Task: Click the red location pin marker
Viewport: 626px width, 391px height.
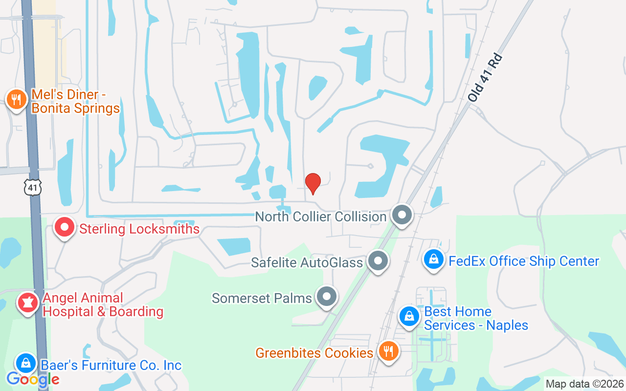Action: pos(313,183)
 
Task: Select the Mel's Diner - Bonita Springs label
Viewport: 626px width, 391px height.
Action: pos(75,101)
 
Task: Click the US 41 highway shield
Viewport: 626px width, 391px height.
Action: pos(33,187)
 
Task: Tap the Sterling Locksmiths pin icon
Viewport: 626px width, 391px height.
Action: pos(65,227)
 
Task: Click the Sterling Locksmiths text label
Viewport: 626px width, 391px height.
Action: pos(139,229)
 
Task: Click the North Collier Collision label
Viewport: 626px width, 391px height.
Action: pos(321,217)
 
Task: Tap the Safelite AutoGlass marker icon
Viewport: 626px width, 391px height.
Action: pos(378,261)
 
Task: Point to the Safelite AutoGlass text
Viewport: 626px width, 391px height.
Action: pos(307,262)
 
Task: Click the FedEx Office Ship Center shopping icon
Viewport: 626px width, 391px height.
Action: pos(434,260)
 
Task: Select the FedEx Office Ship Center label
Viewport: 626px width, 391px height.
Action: pos(524,261)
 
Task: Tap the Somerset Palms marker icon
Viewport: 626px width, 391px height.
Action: pos(326,296)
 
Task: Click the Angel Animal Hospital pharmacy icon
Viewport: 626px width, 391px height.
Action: pos(28,303)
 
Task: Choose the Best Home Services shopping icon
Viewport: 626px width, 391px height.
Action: pos(409,316)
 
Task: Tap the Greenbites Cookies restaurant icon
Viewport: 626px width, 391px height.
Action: pos(389,351)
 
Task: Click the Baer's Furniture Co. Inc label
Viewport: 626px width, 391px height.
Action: pos(111,365)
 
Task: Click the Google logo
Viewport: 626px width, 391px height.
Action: pos(33,379)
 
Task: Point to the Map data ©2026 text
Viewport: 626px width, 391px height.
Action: pos(585,384)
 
